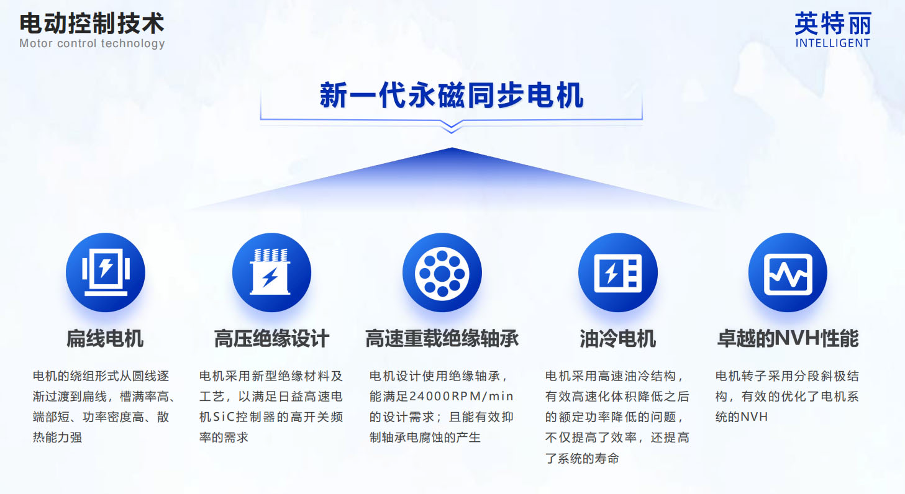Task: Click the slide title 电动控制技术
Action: [92, 23]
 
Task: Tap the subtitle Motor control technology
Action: [92, 43]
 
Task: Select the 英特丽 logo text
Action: [833, 24]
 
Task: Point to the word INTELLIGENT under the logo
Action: [833, 43]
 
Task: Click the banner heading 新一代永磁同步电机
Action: [452, 95]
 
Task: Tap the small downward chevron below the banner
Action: [452, 127]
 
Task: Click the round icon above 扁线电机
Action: [106, 272]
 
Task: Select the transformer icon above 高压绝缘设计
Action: [271, 272]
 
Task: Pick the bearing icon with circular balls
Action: [442, 272]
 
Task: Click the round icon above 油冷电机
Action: [618, 272]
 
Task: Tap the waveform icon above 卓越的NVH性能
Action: [788, 272]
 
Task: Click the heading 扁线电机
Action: [105, 338]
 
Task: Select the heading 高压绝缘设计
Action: [271, 338]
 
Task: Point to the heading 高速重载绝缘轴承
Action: [442, 338]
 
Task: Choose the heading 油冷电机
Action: [618, 338]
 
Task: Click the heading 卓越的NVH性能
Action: [788, 338]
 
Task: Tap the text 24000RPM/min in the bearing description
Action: [461, 397]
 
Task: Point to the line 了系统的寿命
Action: [582, 459]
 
